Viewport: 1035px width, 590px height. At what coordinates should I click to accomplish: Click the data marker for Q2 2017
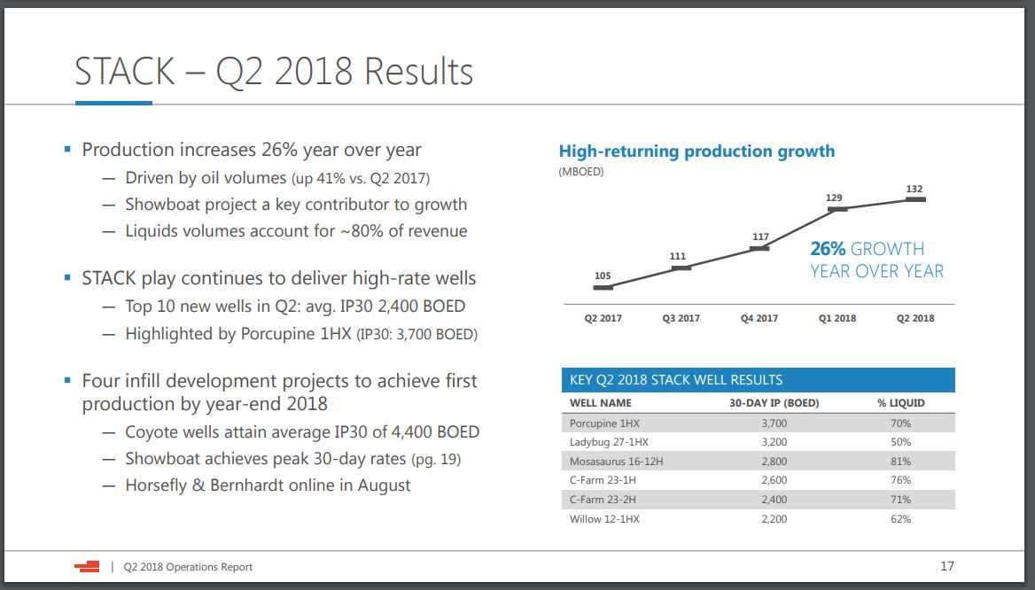603,287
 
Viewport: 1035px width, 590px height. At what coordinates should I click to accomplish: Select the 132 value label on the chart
914,189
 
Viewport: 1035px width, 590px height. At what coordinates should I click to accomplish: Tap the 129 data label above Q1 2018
834,198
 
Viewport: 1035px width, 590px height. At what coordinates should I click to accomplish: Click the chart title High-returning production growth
696,151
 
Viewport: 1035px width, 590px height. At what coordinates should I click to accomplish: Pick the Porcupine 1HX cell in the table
604,423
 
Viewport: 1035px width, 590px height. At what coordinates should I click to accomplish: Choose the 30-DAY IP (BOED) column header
774,403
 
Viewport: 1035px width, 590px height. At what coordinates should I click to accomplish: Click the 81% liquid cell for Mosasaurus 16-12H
900,462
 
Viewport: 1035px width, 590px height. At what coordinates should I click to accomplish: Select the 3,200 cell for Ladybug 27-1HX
774,442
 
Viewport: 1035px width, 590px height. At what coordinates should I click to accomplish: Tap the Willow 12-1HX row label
604,518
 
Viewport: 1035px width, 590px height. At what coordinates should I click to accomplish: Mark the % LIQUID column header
901,403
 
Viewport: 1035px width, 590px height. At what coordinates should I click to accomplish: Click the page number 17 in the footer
946,566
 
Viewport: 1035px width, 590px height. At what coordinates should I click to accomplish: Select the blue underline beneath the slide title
113,104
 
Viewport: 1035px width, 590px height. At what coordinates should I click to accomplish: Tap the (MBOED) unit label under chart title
581,172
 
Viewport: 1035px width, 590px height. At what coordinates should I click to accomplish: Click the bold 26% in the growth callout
828,250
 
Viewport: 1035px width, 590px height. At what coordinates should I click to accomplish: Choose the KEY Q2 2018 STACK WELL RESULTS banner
758,380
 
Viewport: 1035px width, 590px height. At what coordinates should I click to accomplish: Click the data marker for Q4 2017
759,249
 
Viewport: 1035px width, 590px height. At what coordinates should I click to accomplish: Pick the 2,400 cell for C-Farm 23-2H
774,500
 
